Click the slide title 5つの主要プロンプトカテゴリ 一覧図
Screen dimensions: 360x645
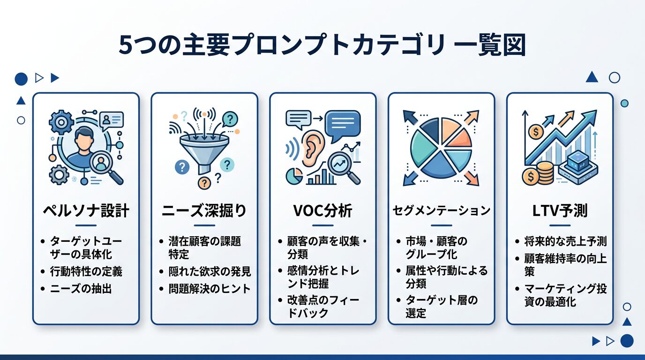(x=322, y=45)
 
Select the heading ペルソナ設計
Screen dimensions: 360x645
(x=86, y=211)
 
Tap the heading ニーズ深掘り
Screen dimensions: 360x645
(x=204, y=211)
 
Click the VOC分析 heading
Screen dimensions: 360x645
(x=322, y=211)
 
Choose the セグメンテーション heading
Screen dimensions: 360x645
(x=441, y=210)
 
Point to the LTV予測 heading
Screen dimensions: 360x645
(x=560, y=211)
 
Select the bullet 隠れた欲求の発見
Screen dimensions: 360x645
(x=210, y=271)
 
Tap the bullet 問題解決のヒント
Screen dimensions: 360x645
(x=210, y=288)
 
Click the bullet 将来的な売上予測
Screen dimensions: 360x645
(x=565, y=241)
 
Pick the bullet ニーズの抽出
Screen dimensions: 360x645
(x=81, y=288)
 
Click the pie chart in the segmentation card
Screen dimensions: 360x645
(x=441, y=147)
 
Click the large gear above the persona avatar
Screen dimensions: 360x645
(x=61, y=122)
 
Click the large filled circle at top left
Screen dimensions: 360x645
(x=21, y=79)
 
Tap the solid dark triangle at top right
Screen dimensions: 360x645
(x=592, y=77)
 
